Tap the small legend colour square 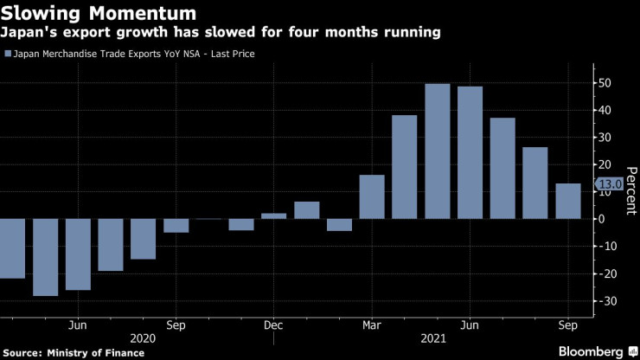(x=9, y=54)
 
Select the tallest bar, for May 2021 (x=438, y=151)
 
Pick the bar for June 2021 (x=470, y=152)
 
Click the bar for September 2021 (x=568, y=201)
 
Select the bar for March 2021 (x=372, y=196)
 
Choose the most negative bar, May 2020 (x=45, y=257)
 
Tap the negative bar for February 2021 (x=339, y=224)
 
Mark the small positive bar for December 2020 (x=273, y=215)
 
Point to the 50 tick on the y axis (x=608, y=83)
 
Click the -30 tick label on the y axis (x=606, y=300)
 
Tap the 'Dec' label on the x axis (x=273, y=325)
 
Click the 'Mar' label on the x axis (x=371, y=325)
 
